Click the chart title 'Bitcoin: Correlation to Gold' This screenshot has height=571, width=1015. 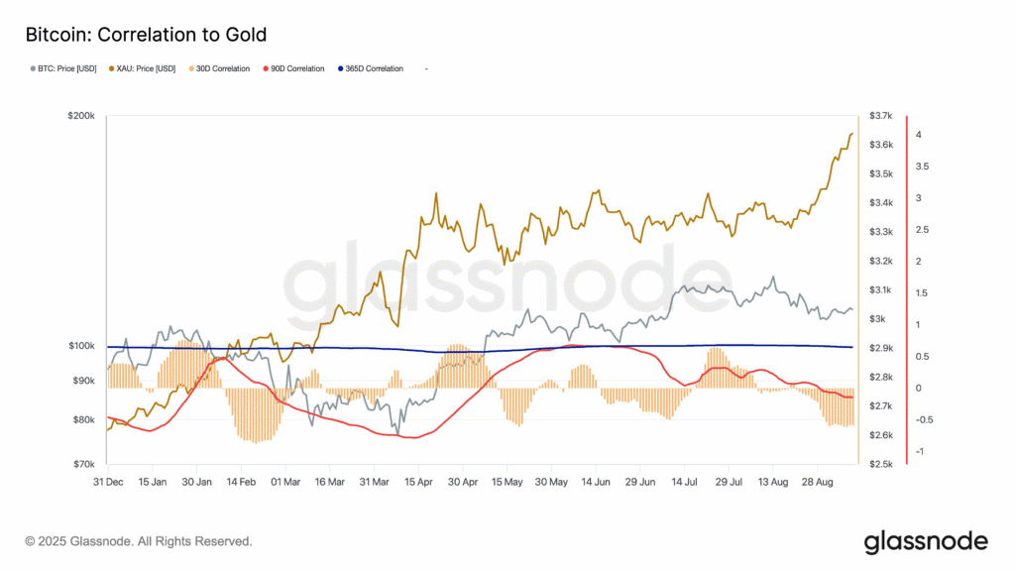146,36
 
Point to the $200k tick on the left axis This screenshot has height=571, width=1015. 80,116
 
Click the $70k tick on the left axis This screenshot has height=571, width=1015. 82,464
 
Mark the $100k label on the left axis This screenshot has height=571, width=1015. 80,346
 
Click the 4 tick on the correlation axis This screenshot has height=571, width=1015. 919,135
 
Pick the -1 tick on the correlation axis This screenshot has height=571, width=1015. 919,451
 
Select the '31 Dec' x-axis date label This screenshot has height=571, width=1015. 107,482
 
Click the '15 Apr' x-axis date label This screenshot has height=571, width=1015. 418,482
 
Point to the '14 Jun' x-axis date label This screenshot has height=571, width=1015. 596,482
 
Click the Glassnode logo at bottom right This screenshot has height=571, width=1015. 926,541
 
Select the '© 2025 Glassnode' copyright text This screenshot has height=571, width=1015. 138,541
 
